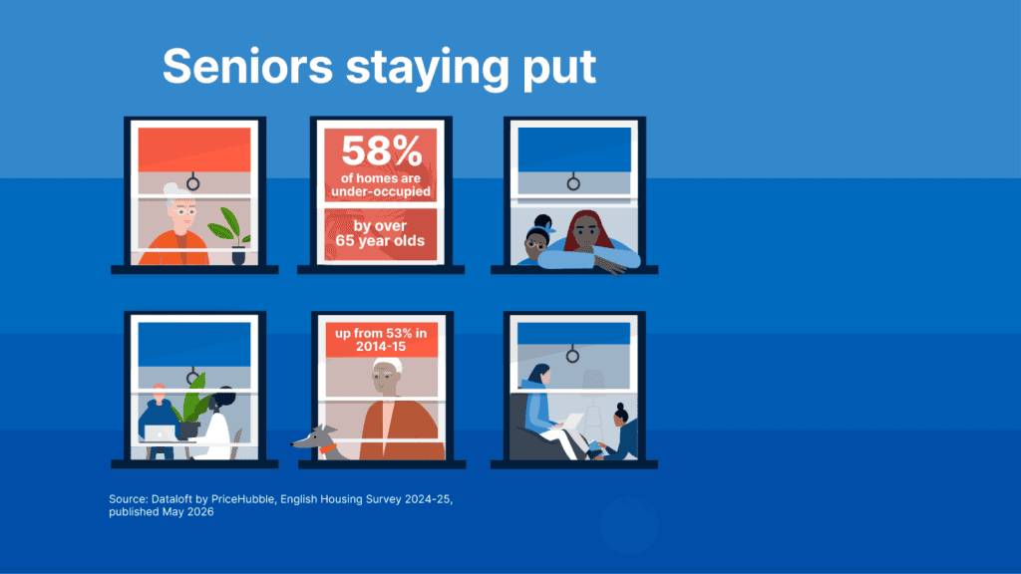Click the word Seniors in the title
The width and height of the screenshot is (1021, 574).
[247, 66]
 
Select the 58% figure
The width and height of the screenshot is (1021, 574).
[382, 151]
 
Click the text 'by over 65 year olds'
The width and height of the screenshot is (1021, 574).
[380, 233]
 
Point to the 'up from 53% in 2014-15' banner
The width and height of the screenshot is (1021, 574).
[381, 340]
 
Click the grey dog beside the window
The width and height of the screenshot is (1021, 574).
[317, 442]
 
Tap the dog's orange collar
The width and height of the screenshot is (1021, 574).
[327, 448]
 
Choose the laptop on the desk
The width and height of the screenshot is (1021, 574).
[161, 433]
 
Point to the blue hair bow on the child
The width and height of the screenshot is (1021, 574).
[550, 227]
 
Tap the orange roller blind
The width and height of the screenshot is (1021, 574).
[194, 149]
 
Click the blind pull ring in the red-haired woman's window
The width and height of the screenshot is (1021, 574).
[573, 183]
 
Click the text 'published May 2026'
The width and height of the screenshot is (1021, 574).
[161, 511]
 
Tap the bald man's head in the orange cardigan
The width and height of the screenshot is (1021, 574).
[388, 377]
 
